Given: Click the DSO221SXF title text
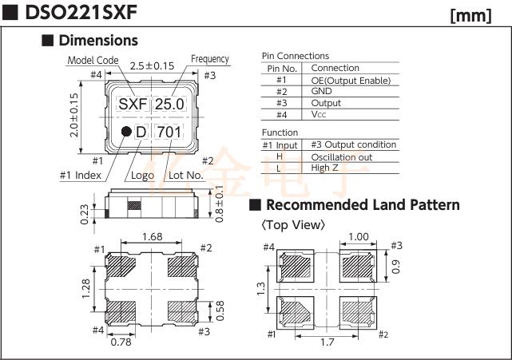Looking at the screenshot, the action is [x=81, y=13].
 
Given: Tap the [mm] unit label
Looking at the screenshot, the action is [x=470, y=16].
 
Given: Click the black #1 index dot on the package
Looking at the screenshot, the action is [x=126, y=131].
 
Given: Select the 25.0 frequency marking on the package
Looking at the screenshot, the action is [x=170, y=104].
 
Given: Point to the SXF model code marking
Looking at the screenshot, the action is [x=133, y=104].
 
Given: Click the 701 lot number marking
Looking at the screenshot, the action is [x=169, y=132].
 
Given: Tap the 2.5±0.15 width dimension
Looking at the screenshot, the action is [x=153, y=66].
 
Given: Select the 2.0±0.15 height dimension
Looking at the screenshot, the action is [x=74, y=115].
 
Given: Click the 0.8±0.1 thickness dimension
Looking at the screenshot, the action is [x=220, y=204].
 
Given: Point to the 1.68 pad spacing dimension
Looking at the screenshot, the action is [x=153, y=236].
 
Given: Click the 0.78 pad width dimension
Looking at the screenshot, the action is [x=121, y=342].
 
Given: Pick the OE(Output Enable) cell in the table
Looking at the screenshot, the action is [x=351, y=81].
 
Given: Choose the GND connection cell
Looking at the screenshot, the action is [x=321, y=91].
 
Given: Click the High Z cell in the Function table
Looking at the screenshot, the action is [x=324, y=168].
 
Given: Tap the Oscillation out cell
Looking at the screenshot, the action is [x=342, y=157].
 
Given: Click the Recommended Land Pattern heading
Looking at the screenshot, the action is [x=363, y=205].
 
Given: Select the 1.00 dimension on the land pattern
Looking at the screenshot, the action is [x=359, y=236].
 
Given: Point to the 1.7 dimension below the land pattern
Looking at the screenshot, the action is [x=327, y=342].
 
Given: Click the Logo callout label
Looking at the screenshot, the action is [x=142, y=176].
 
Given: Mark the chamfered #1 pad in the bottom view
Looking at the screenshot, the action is [x=121, y=265].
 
